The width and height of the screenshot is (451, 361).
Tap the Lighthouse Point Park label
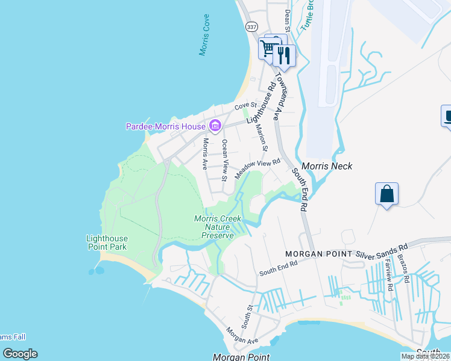pos(106,242)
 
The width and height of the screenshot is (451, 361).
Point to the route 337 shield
pos(252,27)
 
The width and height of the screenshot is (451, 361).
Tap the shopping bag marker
pos(386,194)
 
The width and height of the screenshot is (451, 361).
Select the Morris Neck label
pos(326,166)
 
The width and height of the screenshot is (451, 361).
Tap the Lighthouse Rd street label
pos(260,103)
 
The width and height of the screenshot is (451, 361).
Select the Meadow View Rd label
pos(258,168)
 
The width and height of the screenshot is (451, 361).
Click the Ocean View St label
pos(224,160)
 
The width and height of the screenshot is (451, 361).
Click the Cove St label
pos(245,106)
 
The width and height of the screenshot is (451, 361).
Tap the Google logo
pos(20,354)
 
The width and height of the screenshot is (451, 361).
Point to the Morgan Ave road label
pos(242,336)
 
